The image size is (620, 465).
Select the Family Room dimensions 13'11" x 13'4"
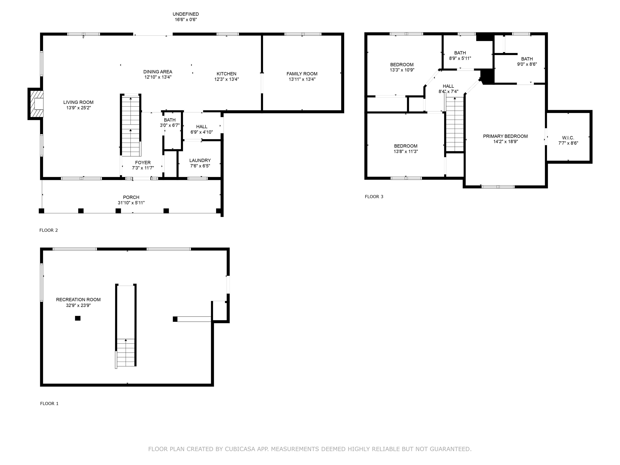click(302, 79)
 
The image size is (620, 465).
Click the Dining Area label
click(158, 72)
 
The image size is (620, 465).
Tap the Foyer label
click(143, 162)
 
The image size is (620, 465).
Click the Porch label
click(131, 197)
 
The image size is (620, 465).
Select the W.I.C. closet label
click(568, 138)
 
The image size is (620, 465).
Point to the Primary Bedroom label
click(505, 136)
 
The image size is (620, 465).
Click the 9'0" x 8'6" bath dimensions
click(527, 64)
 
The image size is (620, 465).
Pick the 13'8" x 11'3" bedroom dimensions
click(406, 152)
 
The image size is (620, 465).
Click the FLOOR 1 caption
click(49, 404)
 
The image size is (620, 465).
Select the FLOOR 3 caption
click(374, 197)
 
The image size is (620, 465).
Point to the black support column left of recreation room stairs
click(78, 318)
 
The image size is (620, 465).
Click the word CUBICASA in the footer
click(240, 449)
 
